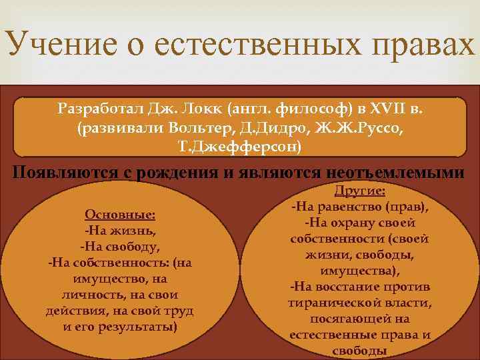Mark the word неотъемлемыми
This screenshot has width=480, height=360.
pos(395,172)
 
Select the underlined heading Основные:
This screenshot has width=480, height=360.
pos(120,215)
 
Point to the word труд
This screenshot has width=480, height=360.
pos(179,311)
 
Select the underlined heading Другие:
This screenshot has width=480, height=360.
pos(359,191)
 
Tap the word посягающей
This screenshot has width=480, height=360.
pos(359,319)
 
